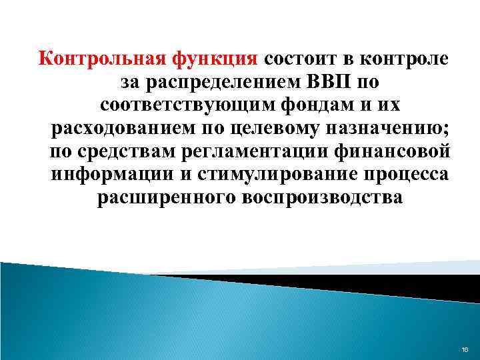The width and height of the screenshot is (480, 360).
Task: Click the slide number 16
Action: pyautogui.click(x=465, y=349)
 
